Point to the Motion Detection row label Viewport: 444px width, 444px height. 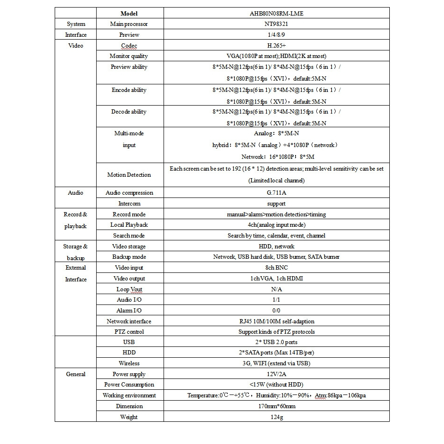129,175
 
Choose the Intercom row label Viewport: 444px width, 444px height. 129,204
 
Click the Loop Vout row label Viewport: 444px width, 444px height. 129,289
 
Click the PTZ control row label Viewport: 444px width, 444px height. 129,332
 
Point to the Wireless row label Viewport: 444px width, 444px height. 129,363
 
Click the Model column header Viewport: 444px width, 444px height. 129,13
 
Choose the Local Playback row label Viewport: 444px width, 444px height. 129,225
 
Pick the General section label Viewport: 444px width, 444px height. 75,374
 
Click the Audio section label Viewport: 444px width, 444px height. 75,193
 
